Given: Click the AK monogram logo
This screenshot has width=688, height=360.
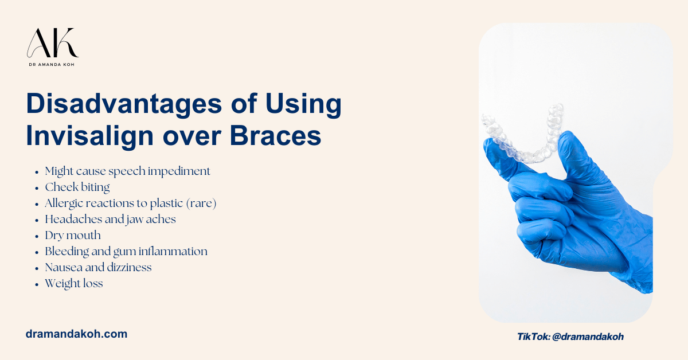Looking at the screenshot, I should click(52, 43).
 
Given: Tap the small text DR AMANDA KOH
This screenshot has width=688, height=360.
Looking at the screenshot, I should click(53, 65).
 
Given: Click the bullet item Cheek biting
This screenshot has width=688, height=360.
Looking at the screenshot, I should click(77, 187).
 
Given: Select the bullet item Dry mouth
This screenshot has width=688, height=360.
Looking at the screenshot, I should click(73, 235).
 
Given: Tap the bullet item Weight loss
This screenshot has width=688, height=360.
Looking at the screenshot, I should click(74, 283).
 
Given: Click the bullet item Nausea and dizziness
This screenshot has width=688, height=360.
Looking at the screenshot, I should click(98, 267).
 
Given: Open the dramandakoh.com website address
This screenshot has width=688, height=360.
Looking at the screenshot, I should click(76, 334).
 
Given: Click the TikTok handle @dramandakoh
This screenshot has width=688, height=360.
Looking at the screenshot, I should click(588, 337).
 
